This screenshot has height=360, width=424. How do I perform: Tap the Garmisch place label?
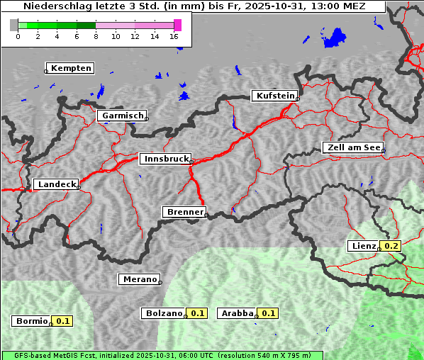coord(123,116)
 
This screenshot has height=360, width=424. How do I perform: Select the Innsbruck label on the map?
coord(165,159)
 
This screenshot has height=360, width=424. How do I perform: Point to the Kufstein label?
coord(274,96)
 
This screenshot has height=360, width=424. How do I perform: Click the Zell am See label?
coord(354,147)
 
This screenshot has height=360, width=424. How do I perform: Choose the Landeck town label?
coord(56,184)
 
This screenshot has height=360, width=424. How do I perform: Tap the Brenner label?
coord(185,212)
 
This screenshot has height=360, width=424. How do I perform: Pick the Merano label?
coord(139,279)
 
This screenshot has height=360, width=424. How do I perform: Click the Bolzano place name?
coord(164,313)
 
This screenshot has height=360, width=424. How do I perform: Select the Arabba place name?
coord(237,313)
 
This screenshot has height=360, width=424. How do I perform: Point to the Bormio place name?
coord(32,321)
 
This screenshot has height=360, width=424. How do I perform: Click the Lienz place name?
coord(363,246)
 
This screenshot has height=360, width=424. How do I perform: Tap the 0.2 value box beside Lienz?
coord(391,246)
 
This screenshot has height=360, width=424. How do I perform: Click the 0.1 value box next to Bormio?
coord(63,321)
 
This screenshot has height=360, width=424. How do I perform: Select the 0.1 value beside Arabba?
coord(268,313)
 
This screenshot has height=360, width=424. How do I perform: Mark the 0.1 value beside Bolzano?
coord(197,313)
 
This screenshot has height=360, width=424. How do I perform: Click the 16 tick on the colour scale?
coord(174,36)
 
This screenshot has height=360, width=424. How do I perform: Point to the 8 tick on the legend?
coord(96,36)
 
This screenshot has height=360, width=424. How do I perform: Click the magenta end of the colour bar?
coord(177,25)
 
